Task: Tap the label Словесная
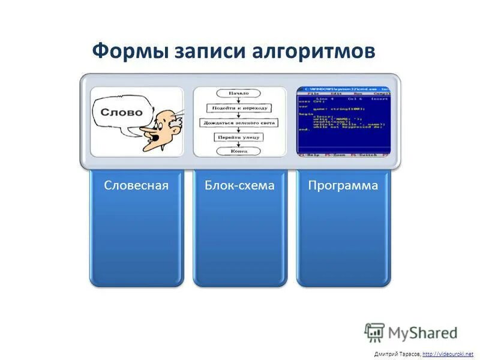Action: [x=136, y=186]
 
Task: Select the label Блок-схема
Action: [x=239, y=186]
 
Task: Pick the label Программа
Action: [x=343, y=186]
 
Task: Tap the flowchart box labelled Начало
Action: [x=238, y=94]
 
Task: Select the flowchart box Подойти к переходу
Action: [x=238, y=109]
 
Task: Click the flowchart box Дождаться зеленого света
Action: [x=238, y=123]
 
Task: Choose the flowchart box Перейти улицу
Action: [x=238, y=137]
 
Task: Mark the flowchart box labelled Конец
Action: [x=238, y=152]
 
